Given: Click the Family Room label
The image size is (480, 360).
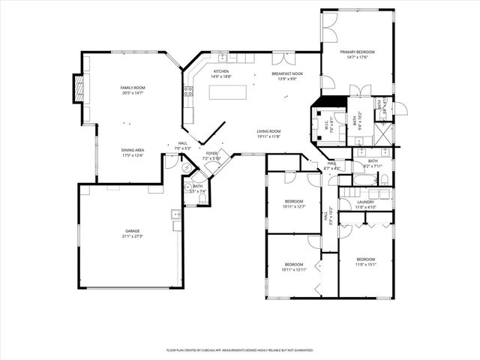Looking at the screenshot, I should [133, 88].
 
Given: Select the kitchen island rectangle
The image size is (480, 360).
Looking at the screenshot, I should [229, 92].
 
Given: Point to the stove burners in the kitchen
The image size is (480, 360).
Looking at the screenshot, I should [187, 92].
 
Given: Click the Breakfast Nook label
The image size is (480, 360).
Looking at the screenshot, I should [286, 73].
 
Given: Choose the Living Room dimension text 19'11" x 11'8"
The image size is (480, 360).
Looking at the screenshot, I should [268, 136].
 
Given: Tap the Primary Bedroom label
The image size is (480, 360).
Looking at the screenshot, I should [356, 52].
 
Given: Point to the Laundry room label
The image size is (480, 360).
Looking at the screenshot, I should [365, 202].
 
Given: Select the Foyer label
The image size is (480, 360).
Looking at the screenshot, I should [212, 153].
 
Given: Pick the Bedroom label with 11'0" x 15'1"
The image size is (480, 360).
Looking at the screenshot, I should [366, 259].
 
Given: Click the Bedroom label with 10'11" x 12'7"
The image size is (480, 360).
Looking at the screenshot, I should [294, 201].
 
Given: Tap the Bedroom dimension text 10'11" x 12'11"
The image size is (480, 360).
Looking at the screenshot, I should [294, 269].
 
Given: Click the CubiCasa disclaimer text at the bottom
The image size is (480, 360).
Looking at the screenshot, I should [239, 350].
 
